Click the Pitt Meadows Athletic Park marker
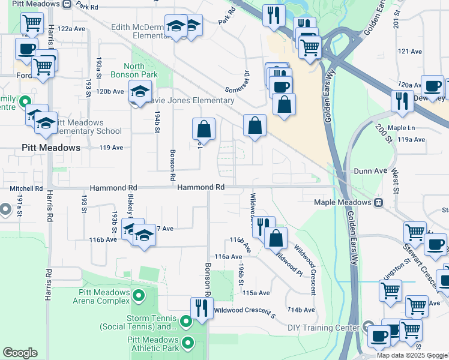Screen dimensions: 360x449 click(x=188, y=343)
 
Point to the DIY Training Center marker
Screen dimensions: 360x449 click(x=369, y=327)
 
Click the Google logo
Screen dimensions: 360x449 click(x=20, y=353)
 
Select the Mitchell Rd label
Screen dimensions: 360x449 click(x=26, y=188)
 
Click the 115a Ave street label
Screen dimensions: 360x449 click(x=256, y=293)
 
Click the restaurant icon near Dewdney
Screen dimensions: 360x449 click(x=402, y=101)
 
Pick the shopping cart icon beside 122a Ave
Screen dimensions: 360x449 click(x=32, y=23)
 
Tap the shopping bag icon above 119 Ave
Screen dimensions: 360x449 click(x=203, y=128)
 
